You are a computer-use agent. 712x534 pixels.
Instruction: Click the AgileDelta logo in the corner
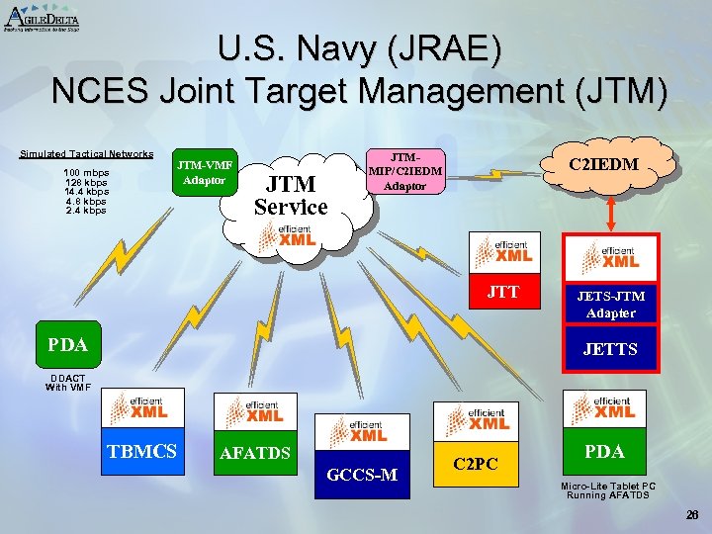coord(42,17)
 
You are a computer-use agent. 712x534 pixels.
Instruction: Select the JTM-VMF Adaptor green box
coord(205,173)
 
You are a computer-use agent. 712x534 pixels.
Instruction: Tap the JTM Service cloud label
coord(291,195)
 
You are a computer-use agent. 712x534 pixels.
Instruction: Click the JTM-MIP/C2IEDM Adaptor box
coord(405,171)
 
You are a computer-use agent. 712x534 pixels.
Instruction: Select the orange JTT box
coord(503,292)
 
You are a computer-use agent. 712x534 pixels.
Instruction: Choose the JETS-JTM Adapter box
coord(610,304)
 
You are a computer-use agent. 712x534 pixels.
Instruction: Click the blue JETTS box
coord(610,349)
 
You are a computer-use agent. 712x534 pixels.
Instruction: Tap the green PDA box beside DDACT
coord(68,345)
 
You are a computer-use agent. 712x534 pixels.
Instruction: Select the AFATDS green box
coord(255,453)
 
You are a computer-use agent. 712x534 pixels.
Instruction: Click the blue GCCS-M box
coord(362,476)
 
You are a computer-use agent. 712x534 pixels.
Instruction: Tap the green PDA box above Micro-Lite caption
coord(604,451)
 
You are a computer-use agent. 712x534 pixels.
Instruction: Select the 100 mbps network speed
coord(86,173)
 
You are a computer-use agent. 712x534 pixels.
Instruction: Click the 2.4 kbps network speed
coord(86,211)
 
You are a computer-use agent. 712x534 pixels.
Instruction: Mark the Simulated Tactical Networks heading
coord(87,153)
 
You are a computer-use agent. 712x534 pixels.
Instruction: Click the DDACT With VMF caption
coord(69,382)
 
